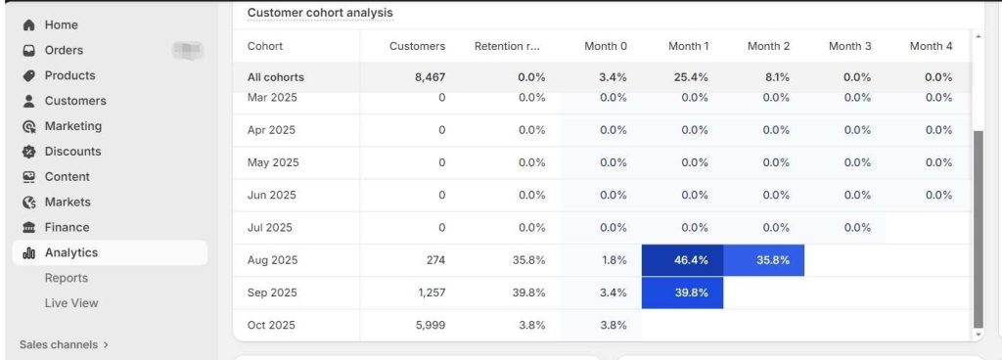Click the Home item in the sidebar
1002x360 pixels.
[x=61, y=24]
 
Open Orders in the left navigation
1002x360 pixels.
[x=64, y=50]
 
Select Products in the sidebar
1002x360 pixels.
[x=69, y=75]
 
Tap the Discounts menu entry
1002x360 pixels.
[x=72, y=152]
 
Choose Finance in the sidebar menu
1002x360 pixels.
[x=67, y=227]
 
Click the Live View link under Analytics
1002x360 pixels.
[x=71, y=303]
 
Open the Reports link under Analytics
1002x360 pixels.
[x=66, y=278]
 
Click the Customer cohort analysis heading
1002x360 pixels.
[x=320, y=13]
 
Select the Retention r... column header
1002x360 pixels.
[x=507, y=46]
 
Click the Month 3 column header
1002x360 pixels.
[x=849, y=46]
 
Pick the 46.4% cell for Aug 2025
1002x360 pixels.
[x=682, y=260]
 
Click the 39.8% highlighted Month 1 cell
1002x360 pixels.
[x=682, y=292]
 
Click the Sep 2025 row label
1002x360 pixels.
[x=272, y=292]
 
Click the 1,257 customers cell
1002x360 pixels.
[x=427, y=292]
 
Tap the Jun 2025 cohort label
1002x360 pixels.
[x=271, y=195]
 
